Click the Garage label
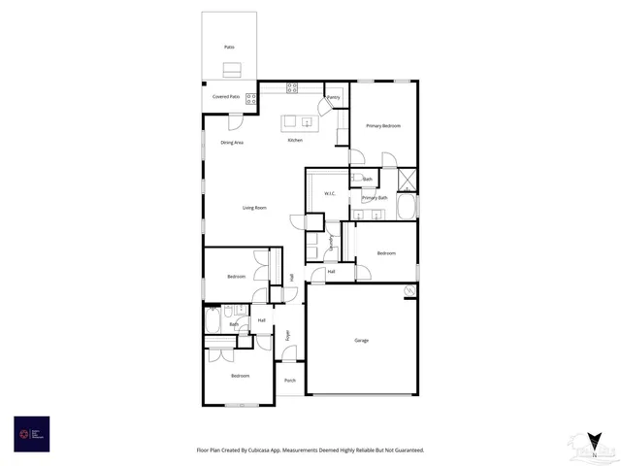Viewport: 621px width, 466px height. tap(361, 340)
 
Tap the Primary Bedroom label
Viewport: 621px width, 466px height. tap(383, 126)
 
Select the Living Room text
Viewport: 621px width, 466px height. tap(254, 208)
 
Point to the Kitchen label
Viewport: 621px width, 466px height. tap(295, 140)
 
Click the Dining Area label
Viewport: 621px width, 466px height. tap(232, 143)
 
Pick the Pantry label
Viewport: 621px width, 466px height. tap(333, 97)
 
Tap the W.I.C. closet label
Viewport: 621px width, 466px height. tap(329, 193)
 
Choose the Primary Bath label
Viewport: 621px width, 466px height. tap(376, 198)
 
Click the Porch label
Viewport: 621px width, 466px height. tap(290, 380)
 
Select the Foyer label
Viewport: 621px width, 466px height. tap(287, 335)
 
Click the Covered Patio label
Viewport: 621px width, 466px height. tap(227, 97)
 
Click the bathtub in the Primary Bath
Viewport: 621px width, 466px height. tap(408, 206)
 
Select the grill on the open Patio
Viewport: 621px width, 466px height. tap(231, 69)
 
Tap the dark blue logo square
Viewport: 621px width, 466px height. tap(31, 433)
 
